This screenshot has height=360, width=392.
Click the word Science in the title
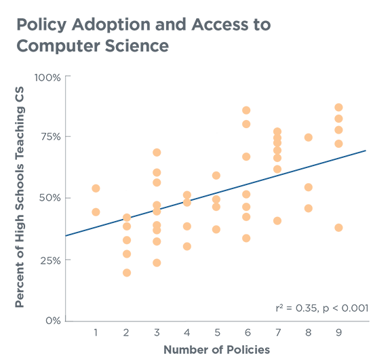pyautogui.click(x=134, y=47)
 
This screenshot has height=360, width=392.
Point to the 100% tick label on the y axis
pyautogui.click(x=47, y=77)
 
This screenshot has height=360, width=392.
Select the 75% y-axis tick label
pyautogui.click(x=50, y=136)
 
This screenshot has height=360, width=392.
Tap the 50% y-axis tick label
pyautogui.click(x=50, y=198)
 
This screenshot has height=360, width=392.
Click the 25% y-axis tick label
pyautogui.click(x=50, y=260)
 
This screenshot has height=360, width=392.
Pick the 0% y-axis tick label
pyautogui.click(x=52, y=321)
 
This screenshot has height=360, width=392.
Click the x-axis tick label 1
pyautogui.click(x=96, y=332)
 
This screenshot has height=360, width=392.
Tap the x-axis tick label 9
pyautogui.click(x=338, y=332)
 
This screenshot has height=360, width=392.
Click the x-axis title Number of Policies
pyautogui.click(x=216, y=350)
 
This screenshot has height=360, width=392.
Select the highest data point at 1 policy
pyautogui.click(x=96, y=188)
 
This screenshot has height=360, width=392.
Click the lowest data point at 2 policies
pyautogui.click(x=126, y=273)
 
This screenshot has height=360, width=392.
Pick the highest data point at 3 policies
pyautogui.click(x=157, y=152)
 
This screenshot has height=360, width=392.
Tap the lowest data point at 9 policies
pyautogui.click(x=338, y=227)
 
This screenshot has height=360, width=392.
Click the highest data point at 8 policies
pyautogui.click(x=308, y=137)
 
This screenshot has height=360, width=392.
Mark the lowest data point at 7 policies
pyautogui.click(x=277, y=220)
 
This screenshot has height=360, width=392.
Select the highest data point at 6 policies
pyautogui.click(x=246, y=110)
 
